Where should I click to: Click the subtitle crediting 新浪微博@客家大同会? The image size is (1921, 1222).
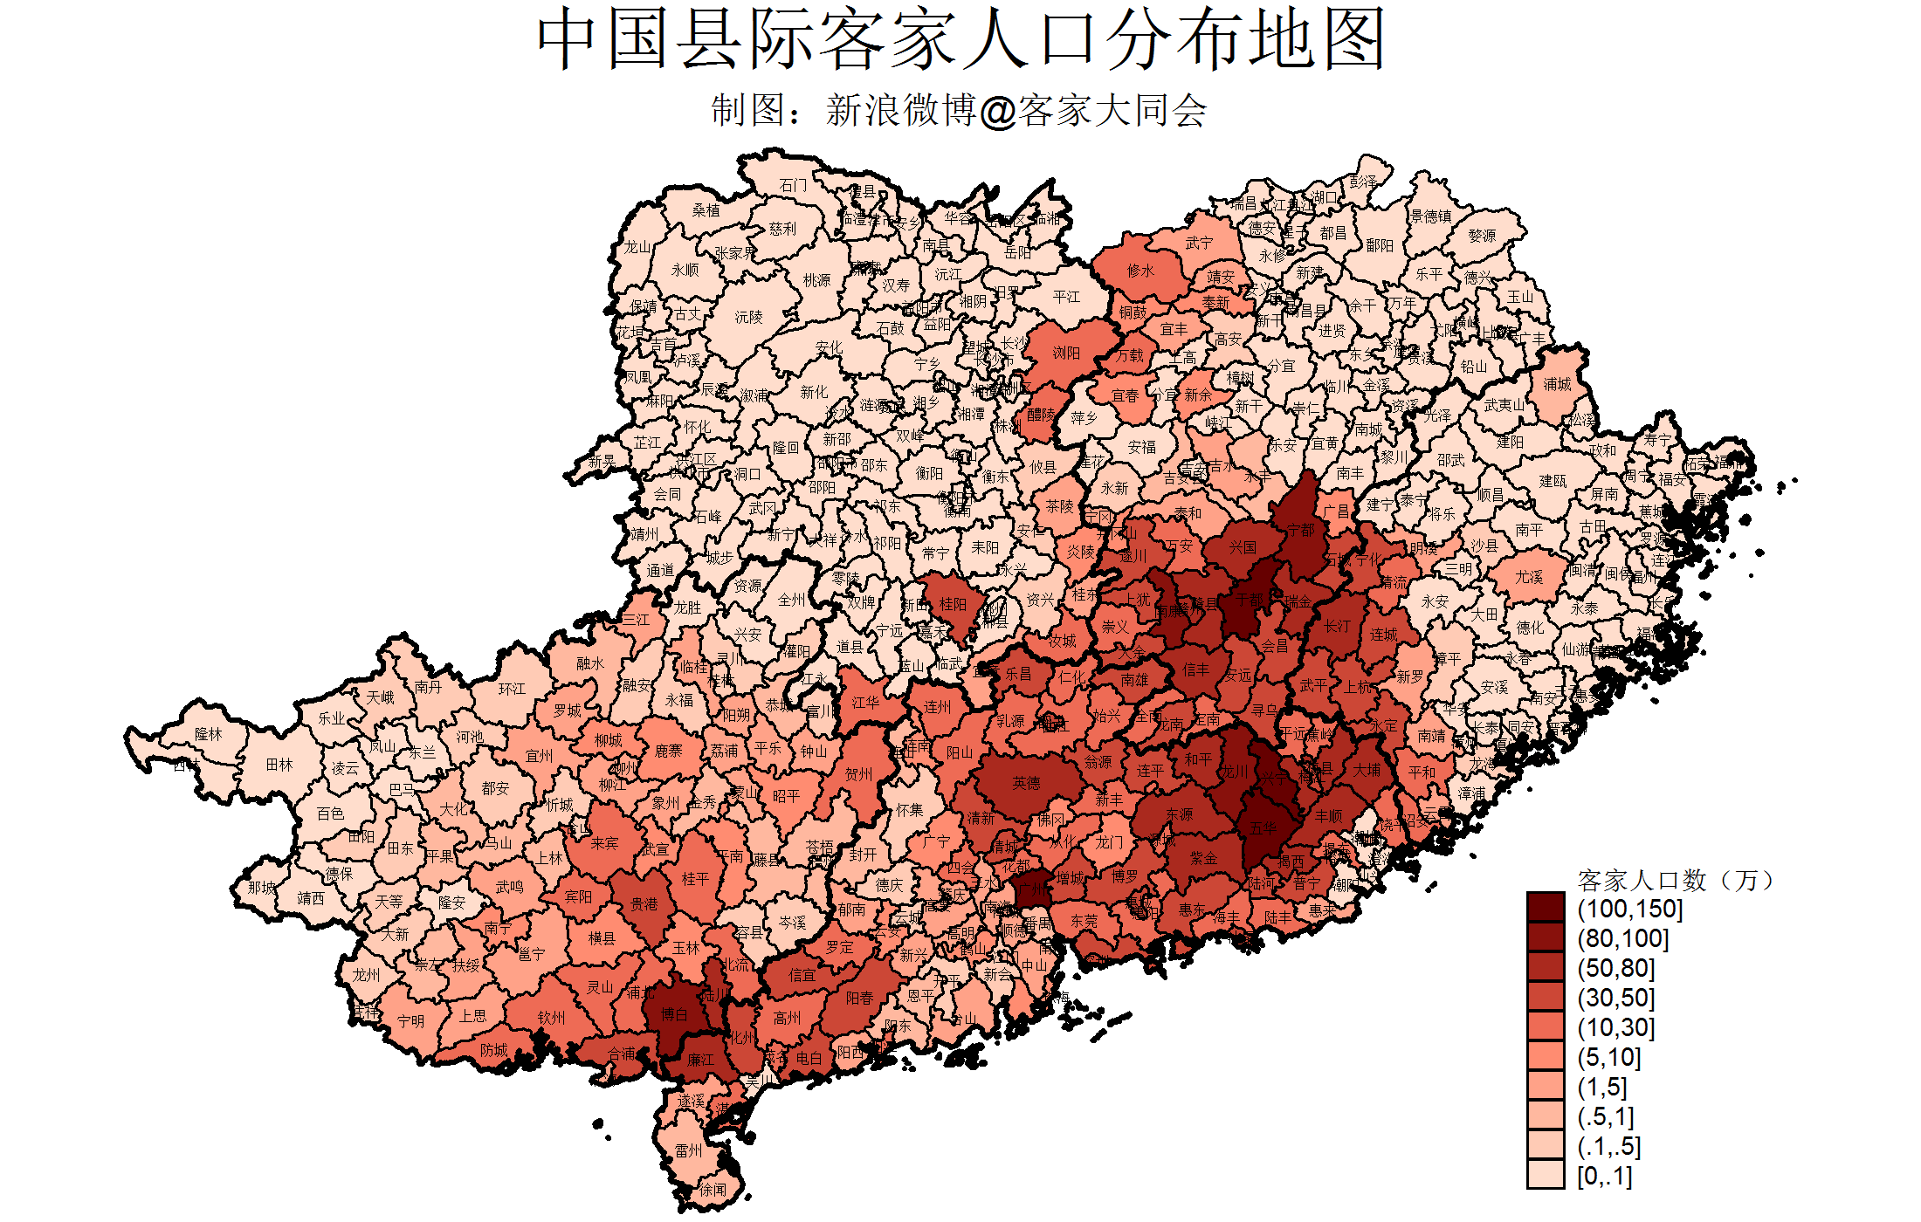point(959,111)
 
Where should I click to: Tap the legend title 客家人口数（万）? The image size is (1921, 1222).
point(1676,880)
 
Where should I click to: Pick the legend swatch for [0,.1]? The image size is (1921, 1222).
point(1545,1175)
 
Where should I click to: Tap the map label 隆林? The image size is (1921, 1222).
point(208,734)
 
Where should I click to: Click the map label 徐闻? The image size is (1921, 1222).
point(713,1190)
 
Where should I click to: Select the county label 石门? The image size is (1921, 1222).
point(793,185)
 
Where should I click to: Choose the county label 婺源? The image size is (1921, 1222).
point(1482,236)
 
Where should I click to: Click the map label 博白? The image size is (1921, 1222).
point(673,1014)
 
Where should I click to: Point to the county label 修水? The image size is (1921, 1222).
point(1140,271)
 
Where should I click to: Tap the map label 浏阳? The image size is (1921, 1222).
point(1066,353)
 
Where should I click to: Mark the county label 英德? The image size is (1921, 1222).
point(1026,783)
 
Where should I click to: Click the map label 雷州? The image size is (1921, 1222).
point(688,1150)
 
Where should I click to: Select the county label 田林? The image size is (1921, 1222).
point(279,765)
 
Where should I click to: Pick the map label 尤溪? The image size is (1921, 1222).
point(1529,577)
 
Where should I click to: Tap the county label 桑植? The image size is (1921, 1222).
point(706,210)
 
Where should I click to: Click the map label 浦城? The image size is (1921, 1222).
point(1557,384)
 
